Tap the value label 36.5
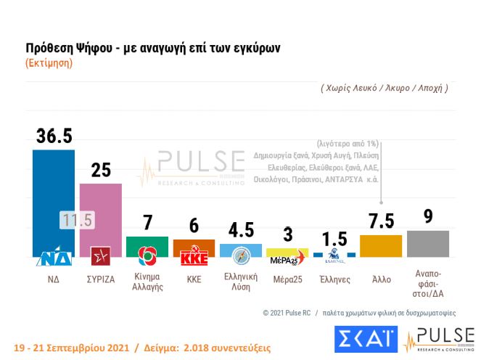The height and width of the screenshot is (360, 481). tap(54, 136)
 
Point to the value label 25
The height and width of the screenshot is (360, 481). tap(101, 170)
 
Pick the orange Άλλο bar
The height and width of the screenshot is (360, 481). tap(381, 245)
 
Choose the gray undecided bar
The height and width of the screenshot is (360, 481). tap(428, 243)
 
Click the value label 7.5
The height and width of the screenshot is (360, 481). tap(381, 220)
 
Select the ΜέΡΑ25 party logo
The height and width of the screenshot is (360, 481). tap(287, 259)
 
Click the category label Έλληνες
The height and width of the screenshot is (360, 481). tap(334, 279)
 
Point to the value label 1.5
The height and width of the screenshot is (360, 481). tap(334, 239)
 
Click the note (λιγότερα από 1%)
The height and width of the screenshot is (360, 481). tap(348, 143)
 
